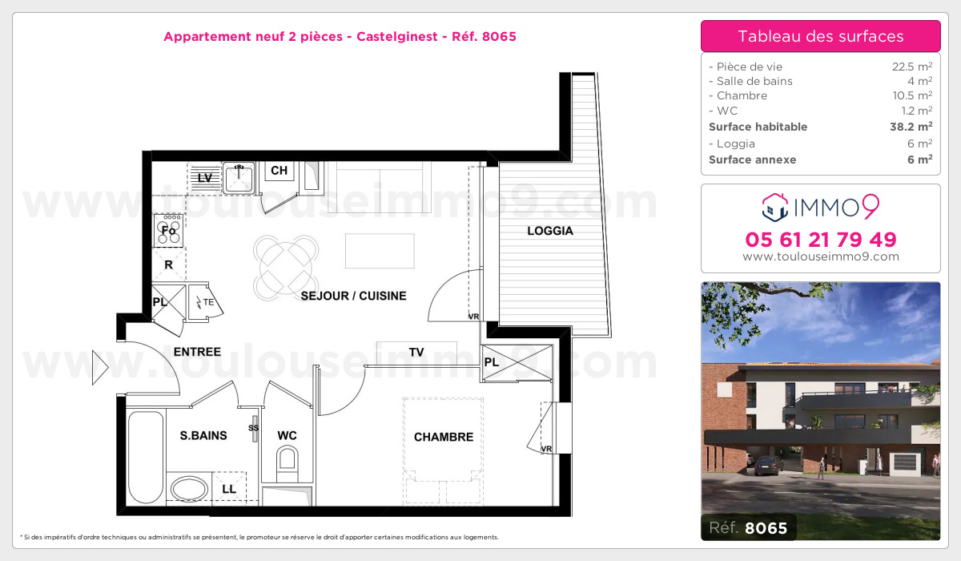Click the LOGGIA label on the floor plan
click(550, 231)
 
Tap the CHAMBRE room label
click(443, 437)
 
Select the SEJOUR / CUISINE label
click(353, 296)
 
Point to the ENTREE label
click(197, 351)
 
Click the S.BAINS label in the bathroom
click(203, 435)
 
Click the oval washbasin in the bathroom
click(189, 488)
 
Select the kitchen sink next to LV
click(239, 177)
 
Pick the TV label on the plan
click(416, 352)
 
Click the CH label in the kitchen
click(279, 170)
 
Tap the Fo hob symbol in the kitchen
click(169, 229)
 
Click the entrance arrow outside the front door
click(100, 368)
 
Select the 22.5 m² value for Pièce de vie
click(911, 67)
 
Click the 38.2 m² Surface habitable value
click(911, 127)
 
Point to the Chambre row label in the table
click(738, 96)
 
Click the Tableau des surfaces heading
click(820, 36)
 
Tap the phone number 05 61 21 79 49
click(820, 239)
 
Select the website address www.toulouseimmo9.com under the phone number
click(820, 257)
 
